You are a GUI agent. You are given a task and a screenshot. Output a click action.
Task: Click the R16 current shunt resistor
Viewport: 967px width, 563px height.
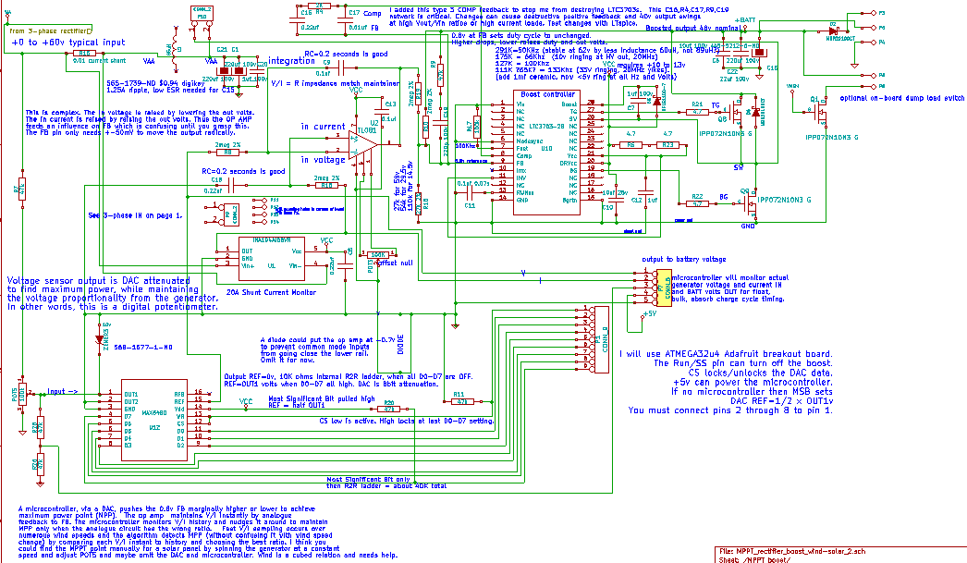click(x=80, y=54)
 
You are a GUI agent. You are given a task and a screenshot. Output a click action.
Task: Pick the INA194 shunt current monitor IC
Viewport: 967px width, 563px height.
click(x=264, y=258)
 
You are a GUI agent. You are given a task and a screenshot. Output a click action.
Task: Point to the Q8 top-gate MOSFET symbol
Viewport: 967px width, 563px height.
click(x=736, y=115)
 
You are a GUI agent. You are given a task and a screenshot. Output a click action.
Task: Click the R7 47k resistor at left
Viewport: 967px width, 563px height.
click(x=18, y=190)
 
